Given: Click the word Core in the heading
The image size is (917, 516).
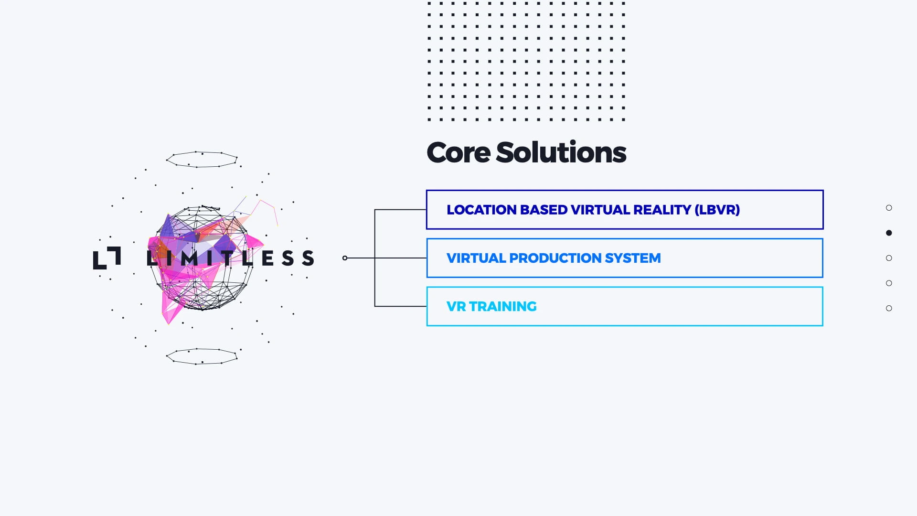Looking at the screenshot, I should coord(458,153).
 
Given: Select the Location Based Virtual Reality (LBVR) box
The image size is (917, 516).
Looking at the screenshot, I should coord(624,210).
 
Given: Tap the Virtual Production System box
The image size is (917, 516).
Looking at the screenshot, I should coord(624,258).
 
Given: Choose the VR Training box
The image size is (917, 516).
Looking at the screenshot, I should coord(624,306).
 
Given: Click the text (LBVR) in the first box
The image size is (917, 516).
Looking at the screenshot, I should coord(717,210).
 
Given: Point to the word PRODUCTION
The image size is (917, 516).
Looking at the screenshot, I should coord(555,258).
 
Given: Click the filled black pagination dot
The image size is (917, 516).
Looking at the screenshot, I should coord(889,233).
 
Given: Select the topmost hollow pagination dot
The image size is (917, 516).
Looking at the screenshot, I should coord(889,208).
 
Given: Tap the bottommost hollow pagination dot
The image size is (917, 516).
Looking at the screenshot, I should coord(889,308).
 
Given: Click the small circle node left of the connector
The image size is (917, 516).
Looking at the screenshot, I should coord(345,258).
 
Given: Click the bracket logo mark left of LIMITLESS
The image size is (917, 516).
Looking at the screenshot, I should coord(107,258).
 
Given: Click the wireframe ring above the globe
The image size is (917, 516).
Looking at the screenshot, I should coord(202,160).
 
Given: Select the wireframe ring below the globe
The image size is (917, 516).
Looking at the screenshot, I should coord(202,356).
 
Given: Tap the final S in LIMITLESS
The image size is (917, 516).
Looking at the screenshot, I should coord(308,258).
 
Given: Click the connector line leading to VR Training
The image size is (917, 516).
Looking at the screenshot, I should coord(400,306).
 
